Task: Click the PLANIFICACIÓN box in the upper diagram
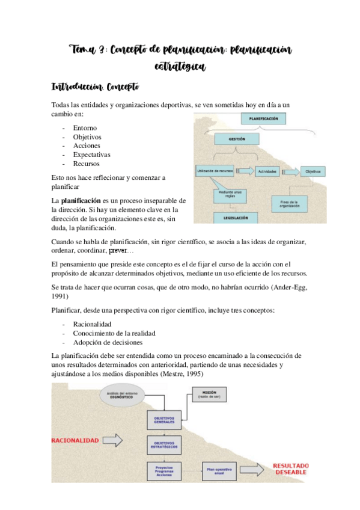[x=265, y=119]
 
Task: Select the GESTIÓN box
[x=237, y=139]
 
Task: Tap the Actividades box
[x=267, y=172]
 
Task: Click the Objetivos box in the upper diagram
[x=313, y=172]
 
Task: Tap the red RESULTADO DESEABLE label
[x=291, y=469]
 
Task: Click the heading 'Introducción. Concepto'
[x=96, y=88]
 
